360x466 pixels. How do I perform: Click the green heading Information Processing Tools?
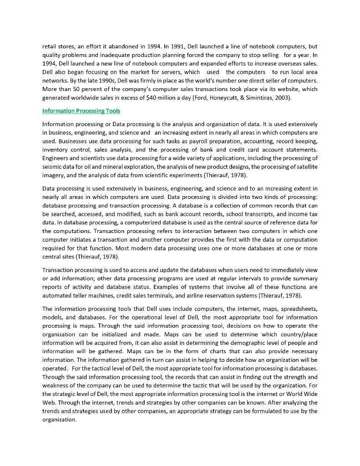coord(81,111)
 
